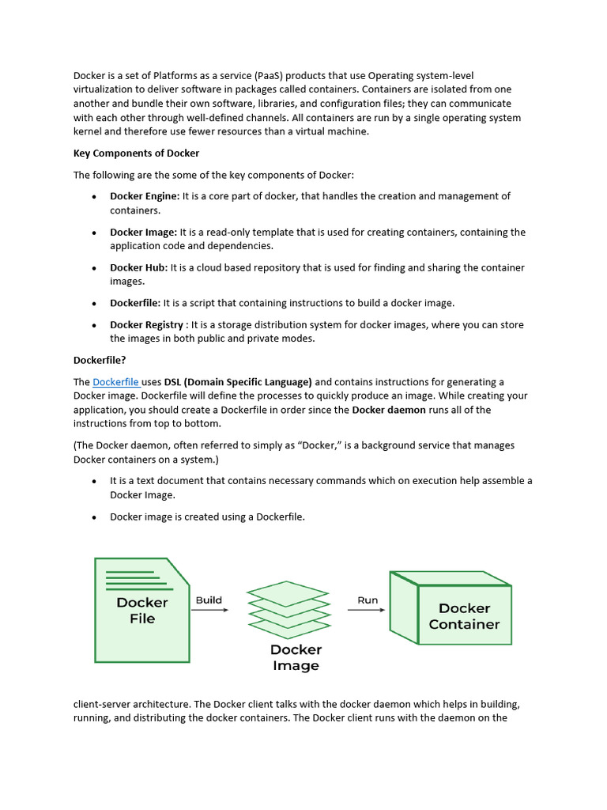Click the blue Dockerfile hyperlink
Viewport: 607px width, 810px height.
(115, 382)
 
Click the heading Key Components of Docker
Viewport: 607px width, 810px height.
(136, 153)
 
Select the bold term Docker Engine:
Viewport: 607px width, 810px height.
(145, 196)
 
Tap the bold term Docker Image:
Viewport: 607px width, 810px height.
(143, 233)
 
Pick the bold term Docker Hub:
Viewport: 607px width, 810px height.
(138, 268)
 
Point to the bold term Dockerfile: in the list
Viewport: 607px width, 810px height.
(135, 303)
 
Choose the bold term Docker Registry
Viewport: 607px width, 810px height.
(146, 325)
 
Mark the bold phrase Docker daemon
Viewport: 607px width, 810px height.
(389, 410)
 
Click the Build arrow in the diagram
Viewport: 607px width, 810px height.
(209, 610)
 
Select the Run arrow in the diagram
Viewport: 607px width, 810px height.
(367, 610)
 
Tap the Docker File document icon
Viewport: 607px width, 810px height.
(141, 609)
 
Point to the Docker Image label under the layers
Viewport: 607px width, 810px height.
(296, 657)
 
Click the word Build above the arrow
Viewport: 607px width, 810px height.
(209, 600)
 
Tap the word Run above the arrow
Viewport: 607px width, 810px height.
(368, 600)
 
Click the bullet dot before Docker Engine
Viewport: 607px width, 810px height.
(94, 197)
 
